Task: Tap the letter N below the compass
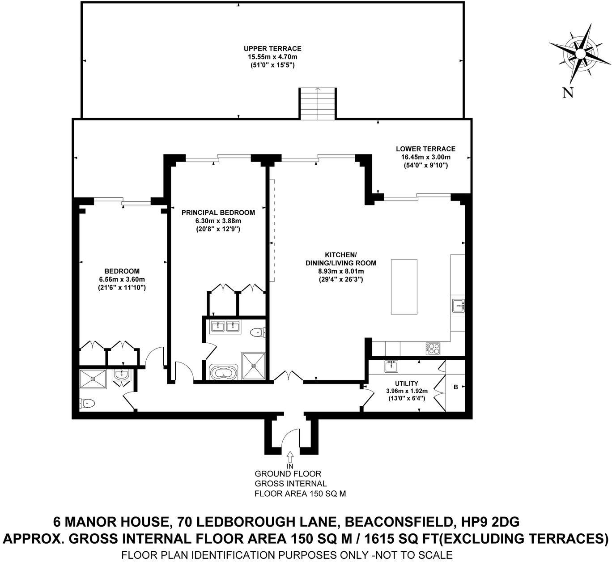pos(568,93)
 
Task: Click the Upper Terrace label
pos(272,49)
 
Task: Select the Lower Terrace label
pos(425,149)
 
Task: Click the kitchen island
pos(404,287)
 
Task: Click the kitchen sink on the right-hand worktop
pos(458,306)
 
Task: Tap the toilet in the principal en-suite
pos(258,332)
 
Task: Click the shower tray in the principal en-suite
pos(254,366)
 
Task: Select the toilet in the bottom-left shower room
pos(87,404)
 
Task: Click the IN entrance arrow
pos(289,456)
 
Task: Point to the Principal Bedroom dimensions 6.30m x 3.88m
pos(218,221)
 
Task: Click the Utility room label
pos(406,383)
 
